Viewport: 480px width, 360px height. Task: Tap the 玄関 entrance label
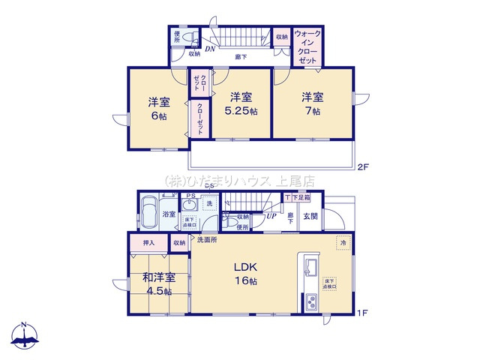310,216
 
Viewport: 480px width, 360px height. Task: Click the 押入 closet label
148,243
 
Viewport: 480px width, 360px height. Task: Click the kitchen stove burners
310,301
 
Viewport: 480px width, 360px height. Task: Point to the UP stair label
271,216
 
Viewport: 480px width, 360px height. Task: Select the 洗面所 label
208,240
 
